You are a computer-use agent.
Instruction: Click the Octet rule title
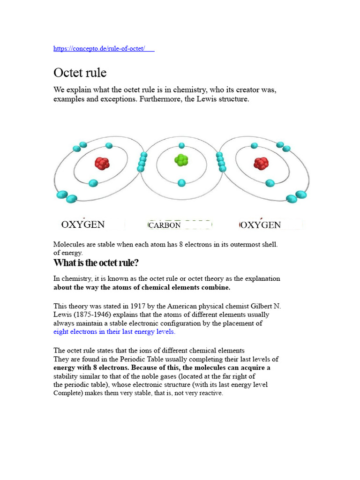pos(80,73)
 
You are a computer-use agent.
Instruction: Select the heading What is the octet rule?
pos(96,262)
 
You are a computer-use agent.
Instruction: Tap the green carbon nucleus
pos(181,160)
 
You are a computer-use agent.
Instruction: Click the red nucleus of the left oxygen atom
pos(102,163)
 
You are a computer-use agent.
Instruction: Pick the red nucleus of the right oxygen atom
pos(261,163)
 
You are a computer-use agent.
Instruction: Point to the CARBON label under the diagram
pos(165,225)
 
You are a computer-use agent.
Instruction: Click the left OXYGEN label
pos(83,225)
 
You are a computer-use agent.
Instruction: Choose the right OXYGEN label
pos(261,225)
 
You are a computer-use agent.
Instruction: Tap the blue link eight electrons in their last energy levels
pos(114,331)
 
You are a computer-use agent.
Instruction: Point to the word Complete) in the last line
pos(68,393)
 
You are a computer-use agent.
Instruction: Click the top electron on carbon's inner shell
pos(181,145)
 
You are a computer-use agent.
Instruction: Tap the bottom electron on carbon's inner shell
pos(181,182)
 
